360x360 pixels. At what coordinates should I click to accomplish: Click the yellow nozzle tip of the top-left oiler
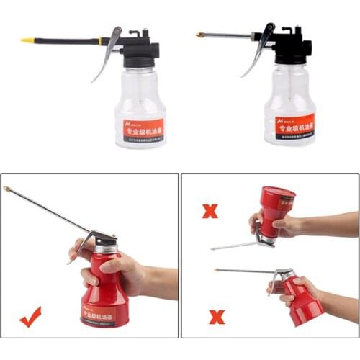(27, 40)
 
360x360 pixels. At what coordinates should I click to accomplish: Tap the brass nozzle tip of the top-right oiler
(199, 35)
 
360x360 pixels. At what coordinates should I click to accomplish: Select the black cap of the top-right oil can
(292, 50)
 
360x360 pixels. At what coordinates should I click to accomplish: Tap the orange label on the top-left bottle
(143, 128)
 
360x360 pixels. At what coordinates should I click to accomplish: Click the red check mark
(30, 316)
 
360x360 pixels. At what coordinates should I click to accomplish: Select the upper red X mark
(210, 211)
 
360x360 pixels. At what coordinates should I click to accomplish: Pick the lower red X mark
(216, 316)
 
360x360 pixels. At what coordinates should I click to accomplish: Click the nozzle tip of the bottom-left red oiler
(7, 189)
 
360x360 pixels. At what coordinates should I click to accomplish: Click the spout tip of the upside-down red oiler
(213, 249)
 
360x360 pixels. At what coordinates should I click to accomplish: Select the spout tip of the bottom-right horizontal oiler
(217, 270)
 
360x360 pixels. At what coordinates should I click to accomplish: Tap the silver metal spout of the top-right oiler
(227, 35)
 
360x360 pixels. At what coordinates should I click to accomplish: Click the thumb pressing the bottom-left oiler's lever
(81, 248)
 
